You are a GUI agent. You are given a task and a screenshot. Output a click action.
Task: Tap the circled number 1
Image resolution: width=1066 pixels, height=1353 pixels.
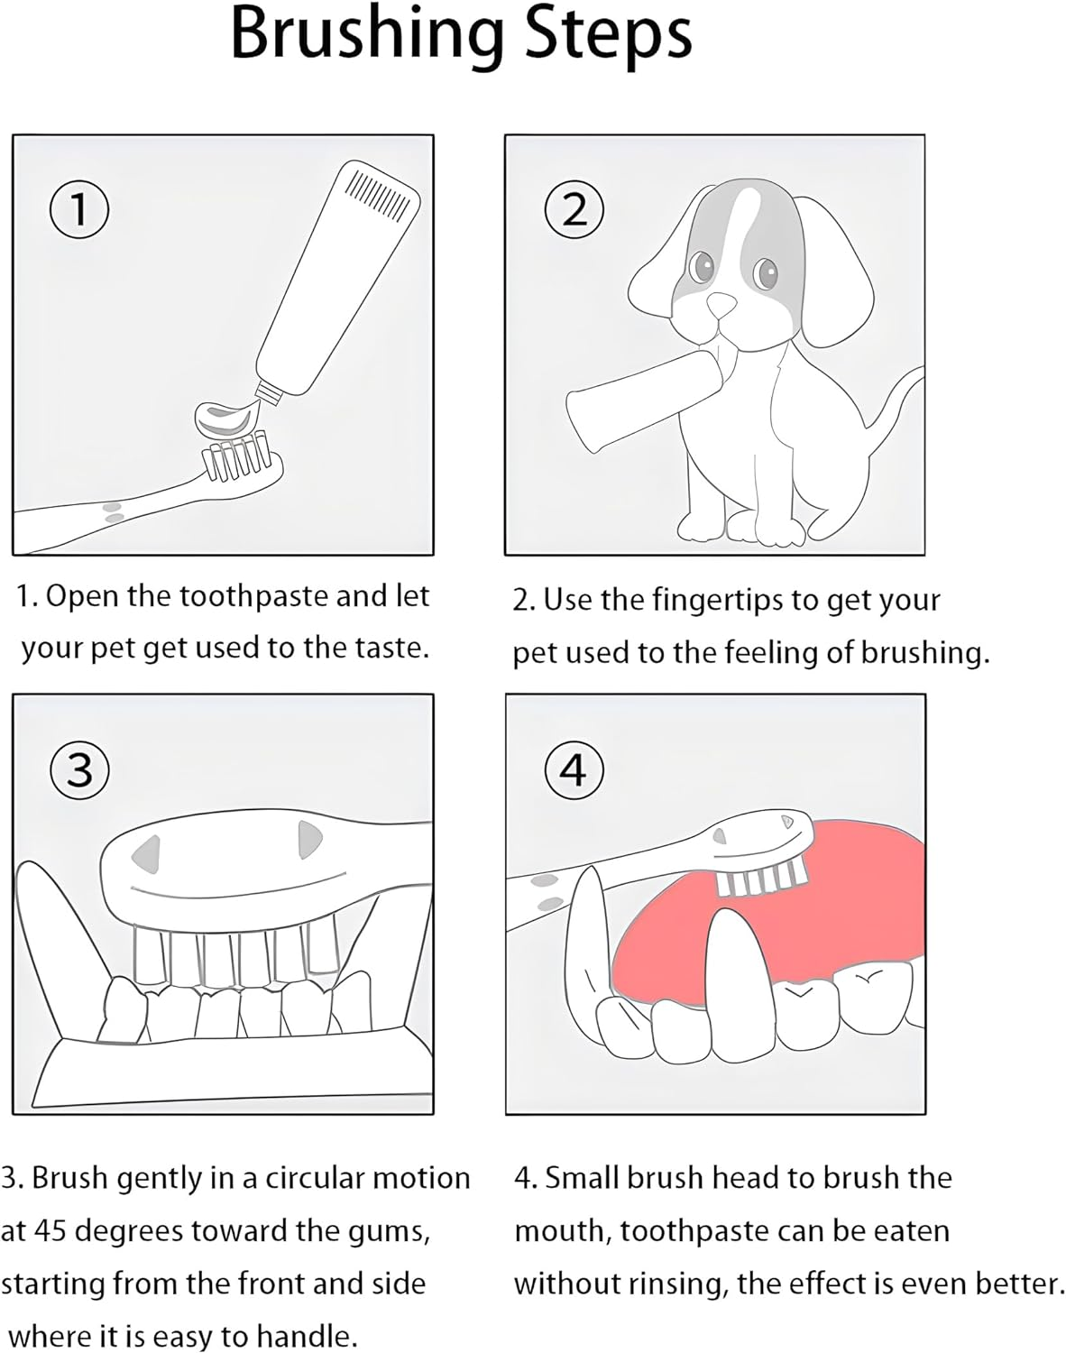pos(79,209)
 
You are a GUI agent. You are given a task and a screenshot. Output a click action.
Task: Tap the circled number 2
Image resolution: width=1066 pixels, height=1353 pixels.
pos(574,209)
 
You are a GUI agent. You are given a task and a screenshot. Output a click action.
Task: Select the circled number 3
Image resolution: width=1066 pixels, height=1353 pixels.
pos(79,769)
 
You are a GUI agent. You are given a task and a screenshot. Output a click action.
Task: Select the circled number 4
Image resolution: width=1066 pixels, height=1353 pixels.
pos(574,769)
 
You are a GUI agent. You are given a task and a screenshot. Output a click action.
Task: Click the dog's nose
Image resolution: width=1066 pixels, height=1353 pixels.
pos(721,305)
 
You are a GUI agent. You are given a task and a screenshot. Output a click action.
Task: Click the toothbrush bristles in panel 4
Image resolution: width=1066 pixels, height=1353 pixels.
pos(759,876)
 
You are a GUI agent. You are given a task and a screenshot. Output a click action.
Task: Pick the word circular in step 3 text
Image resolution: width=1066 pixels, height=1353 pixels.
pos(299,1178)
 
